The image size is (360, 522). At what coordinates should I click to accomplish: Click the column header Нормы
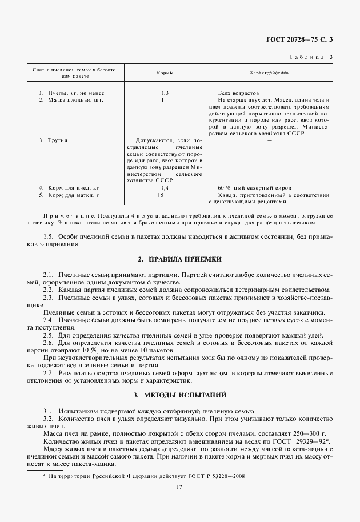[165, 73]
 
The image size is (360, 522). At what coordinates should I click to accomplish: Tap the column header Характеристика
[269, 73]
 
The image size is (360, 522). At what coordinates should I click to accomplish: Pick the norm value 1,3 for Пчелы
[165, 93]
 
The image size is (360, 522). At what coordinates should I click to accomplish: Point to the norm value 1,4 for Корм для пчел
[165, 187]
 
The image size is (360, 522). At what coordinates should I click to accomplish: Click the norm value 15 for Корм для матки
[161, 195]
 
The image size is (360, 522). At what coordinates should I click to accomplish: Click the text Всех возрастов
[238, 93]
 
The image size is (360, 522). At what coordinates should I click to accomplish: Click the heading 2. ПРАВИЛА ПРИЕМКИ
[180, 259]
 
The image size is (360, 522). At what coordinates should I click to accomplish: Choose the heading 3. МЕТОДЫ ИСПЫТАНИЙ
[180, 395]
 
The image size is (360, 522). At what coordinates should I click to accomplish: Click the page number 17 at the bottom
[180, 487]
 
